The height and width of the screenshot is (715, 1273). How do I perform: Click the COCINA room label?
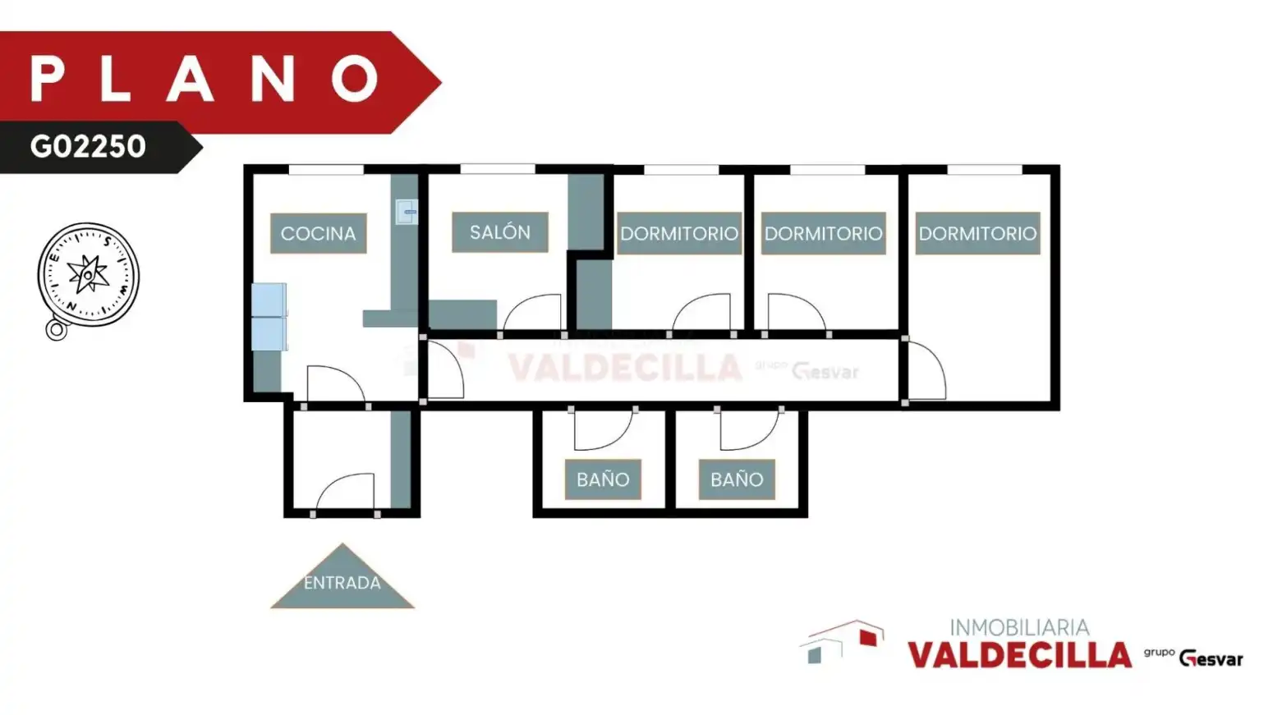pyautogui.click(x=319, y=233)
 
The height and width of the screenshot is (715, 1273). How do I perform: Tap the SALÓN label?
pyautogui.click(x=500, y=231)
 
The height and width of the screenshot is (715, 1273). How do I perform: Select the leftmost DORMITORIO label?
pyautogui.click(x=679, y=233)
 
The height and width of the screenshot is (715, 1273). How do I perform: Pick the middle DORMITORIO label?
pyautogui.click(x=824, y=233)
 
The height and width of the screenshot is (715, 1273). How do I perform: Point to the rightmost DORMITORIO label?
pyautogui.click(x=977, y=233)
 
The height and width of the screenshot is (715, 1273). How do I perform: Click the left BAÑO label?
pyautogui.click(x=603, y=479)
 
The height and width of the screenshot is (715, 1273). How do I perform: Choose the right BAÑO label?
pyautogui.click(x=737, y=479)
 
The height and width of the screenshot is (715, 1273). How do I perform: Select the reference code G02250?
pyautogui.click(x=88, y=146)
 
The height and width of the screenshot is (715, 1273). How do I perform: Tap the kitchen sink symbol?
pyautogui.click(x=407, y=212)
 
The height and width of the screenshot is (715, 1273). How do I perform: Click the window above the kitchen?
pyautogui.click(x=326, y=169)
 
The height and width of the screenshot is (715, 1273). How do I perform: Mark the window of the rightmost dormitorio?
pyautogui.click(x=984, y=169)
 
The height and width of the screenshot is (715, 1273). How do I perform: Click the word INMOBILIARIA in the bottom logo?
pyautogui.click(x=1019, y=627)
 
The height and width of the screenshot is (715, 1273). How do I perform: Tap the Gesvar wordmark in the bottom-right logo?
pyautogui.click(x=1211, y=659)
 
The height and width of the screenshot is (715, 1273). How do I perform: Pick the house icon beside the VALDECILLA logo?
pyautogui.click(x=842, y=642)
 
